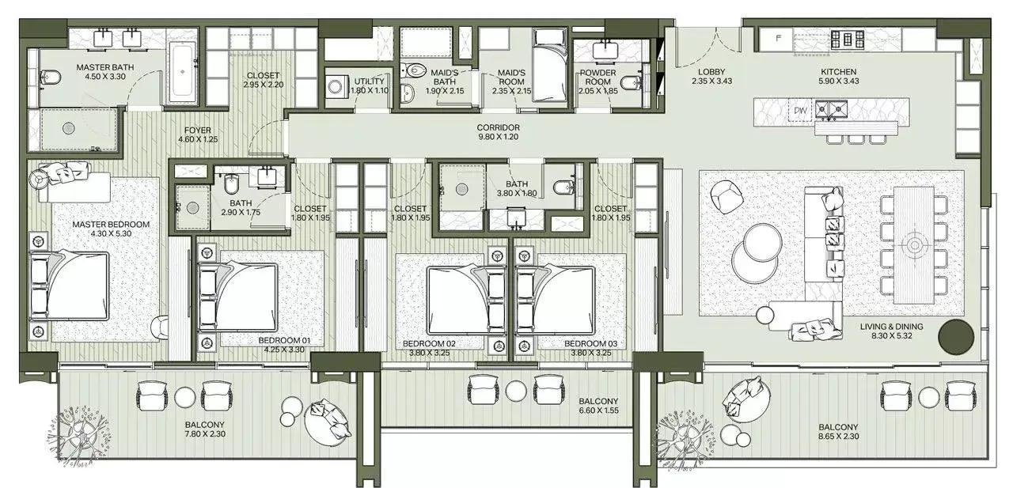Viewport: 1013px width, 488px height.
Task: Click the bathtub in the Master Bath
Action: (184, 73)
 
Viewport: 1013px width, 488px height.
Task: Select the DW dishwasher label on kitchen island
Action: (800, 112)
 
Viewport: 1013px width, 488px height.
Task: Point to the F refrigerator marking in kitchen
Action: (779, 36)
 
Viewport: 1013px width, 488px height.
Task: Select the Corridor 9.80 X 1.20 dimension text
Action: (498, 138)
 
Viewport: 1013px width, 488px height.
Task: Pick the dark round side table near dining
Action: (956, 336)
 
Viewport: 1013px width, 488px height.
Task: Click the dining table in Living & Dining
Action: (914, 244)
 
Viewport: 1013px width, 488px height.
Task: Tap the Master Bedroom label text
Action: (110, 225)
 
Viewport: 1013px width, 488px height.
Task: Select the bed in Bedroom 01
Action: (241, 292)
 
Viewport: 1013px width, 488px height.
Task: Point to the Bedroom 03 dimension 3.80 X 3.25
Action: (591, 354)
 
